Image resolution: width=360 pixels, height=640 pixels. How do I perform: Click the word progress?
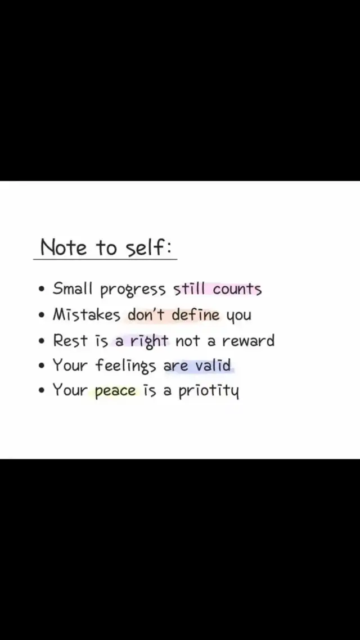(x=133, y=290)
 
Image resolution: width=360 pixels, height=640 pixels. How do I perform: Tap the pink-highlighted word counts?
(x=237, y=290)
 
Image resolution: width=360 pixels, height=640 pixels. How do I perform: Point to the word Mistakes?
(x=87, y=315)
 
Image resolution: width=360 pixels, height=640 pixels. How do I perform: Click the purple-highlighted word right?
(x=150, y=341)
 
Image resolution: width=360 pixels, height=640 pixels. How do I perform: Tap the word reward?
(x=248, y=340)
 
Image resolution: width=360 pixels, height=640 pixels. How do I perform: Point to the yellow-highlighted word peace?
(x=115, y=391)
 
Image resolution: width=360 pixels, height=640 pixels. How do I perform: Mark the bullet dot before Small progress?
(x=41, y=290)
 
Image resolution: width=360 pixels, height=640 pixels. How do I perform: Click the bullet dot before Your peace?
(x=41, y=391)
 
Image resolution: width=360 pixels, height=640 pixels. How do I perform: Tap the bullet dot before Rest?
(x=41, y=340)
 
